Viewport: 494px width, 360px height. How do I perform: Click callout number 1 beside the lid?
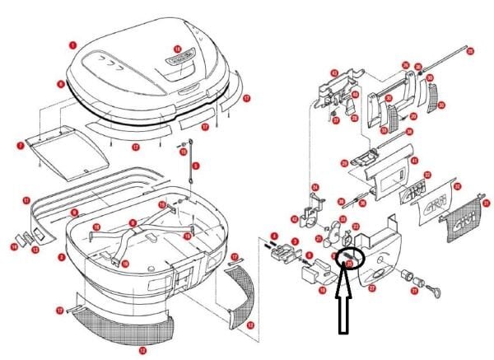[72, 45]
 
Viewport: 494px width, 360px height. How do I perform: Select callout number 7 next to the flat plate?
[20, 146]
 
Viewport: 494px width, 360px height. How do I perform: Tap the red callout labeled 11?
[26, 199]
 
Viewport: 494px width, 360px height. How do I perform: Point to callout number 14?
[14, 245]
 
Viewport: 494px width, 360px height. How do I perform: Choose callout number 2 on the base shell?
[61, 257]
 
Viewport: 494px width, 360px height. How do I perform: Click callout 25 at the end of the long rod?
[470, 51]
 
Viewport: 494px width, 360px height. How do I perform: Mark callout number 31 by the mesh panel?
[486, 203]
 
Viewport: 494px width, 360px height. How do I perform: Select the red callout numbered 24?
[315, 187]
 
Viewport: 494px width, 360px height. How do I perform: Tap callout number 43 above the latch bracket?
[334, 72]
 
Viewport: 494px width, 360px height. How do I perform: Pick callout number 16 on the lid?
[177, 49]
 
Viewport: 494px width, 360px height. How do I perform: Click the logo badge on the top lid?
[180, 60]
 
